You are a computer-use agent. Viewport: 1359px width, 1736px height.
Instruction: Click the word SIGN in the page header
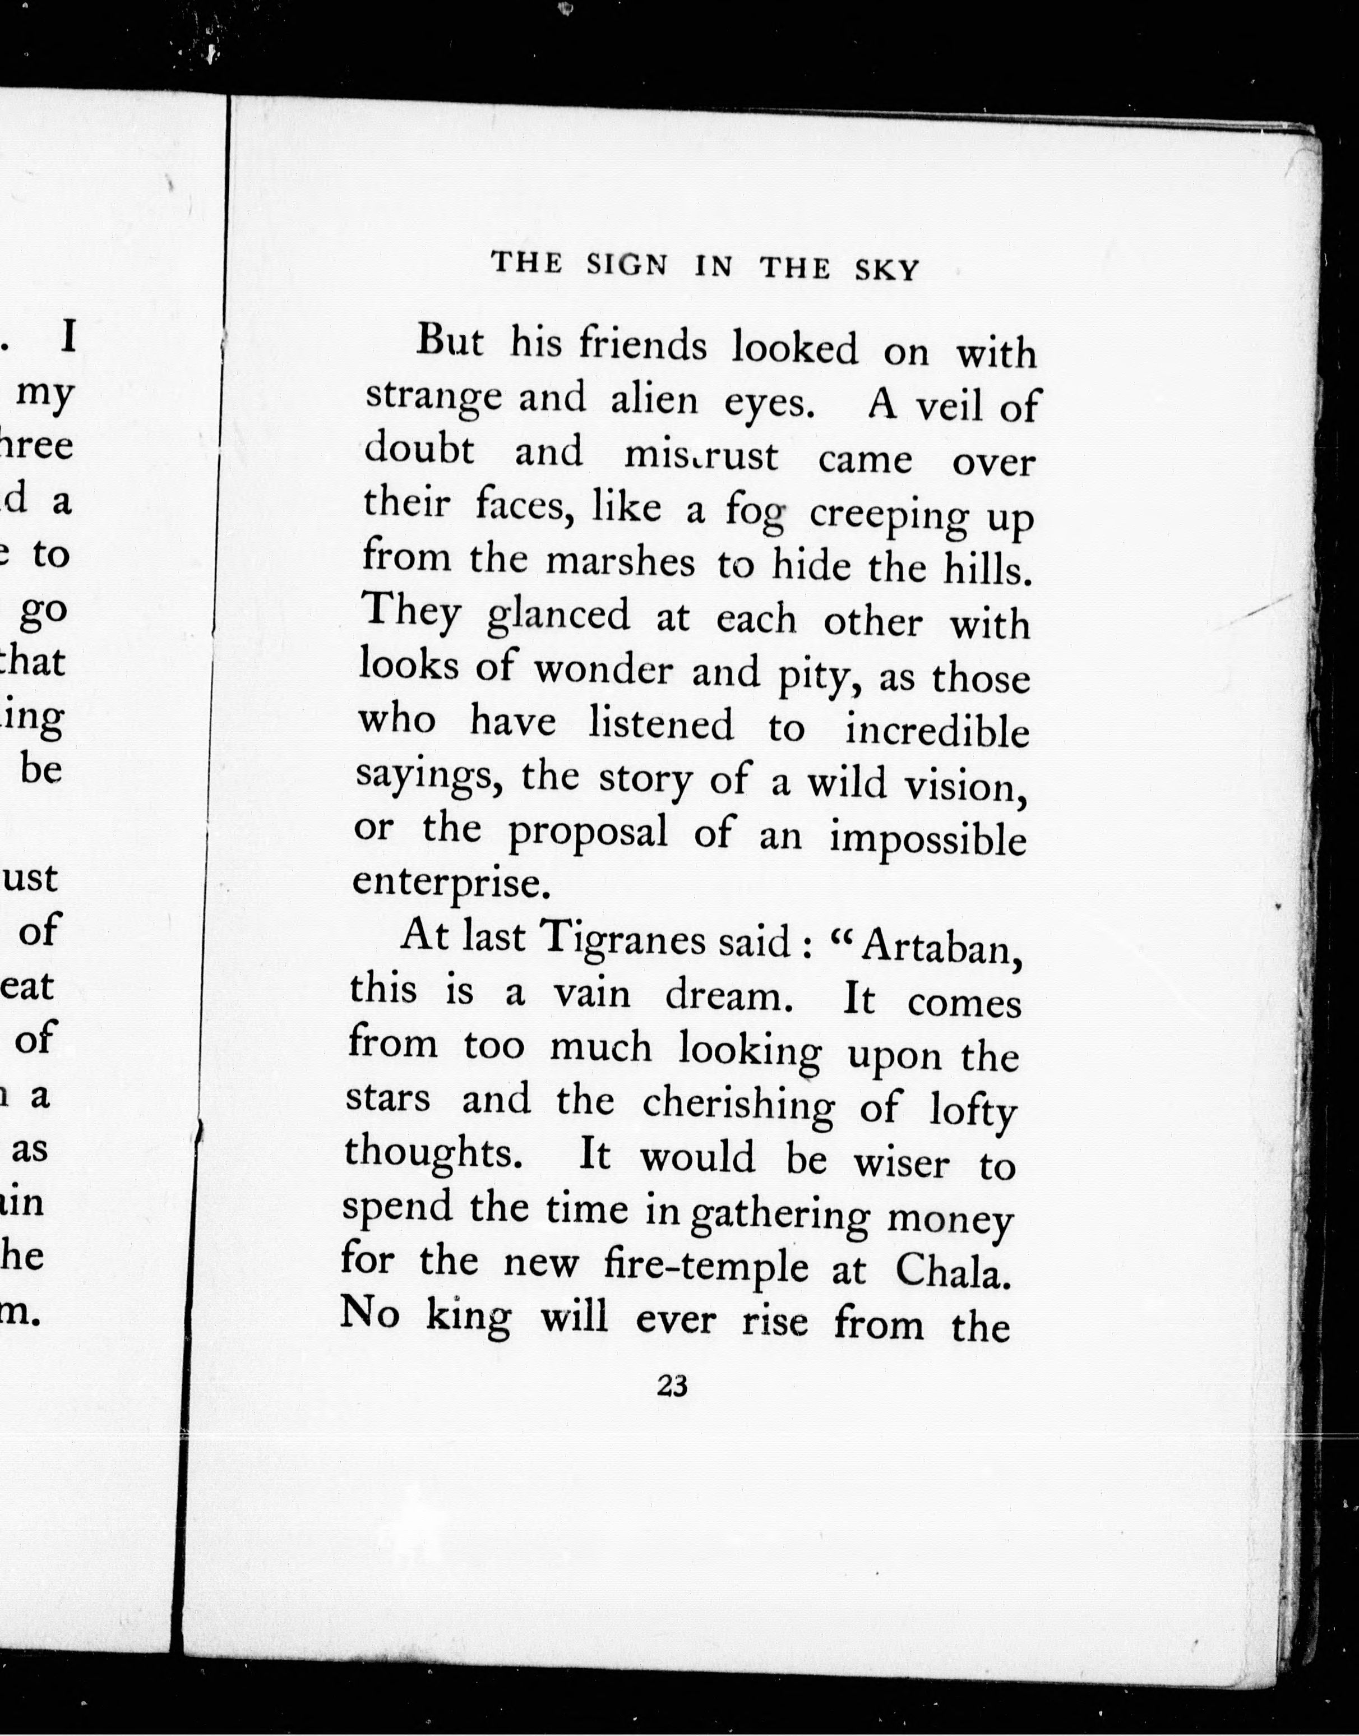[x=627, y=264]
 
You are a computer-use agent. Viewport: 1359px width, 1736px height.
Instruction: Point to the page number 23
[x=672, y=1386]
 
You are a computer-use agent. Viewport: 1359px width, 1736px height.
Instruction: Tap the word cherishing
[x=738, y=1104]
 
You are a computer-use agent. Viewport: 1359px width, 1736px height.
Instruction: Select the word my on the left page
[x=45, y=394]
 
